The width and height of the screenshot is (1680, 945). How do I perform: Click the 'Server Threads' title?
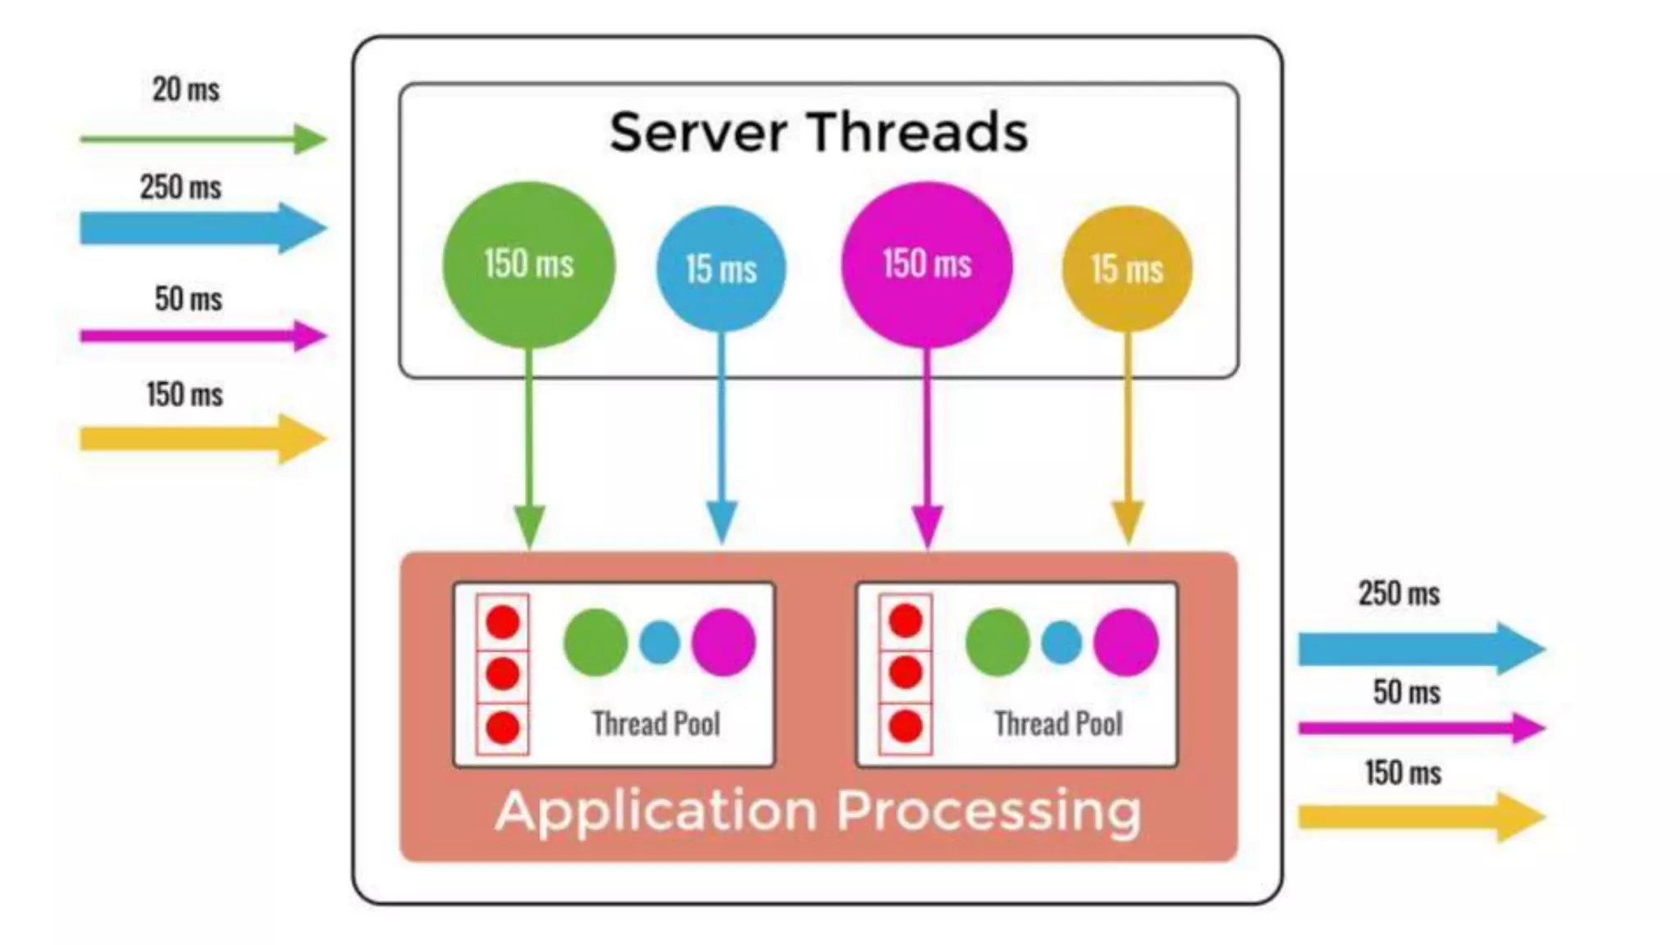818,132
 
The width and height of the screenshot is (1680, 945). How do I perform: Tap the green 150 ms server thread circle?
528,264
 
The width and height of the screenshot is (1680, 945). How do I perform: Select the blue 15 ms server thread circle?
721,269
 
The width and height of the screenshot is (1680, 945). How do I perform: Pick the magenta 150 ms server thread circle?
927,264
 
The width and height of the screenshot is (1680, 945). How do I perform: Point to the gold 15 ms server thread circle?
1127,269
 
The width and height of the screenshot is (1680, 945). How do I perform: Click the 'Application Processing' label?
818,811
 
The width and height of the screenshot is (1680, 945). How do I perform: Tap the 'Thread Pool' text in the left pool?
656,724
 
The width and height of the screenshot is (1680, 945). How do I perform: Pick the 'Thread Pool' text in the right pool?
1058,724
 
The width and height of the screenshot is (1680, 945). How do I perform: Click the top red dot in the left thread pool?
503,622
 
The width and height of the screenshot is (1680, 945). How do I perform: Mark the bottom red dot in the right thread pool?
906,727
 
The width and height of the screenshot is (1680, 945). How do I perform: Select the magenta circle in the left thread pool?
723,642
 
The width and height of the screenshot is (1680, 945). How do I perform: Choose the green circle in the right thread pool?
997,642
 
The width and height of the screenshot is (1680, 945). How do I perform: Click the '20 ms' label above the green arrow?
186,89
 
